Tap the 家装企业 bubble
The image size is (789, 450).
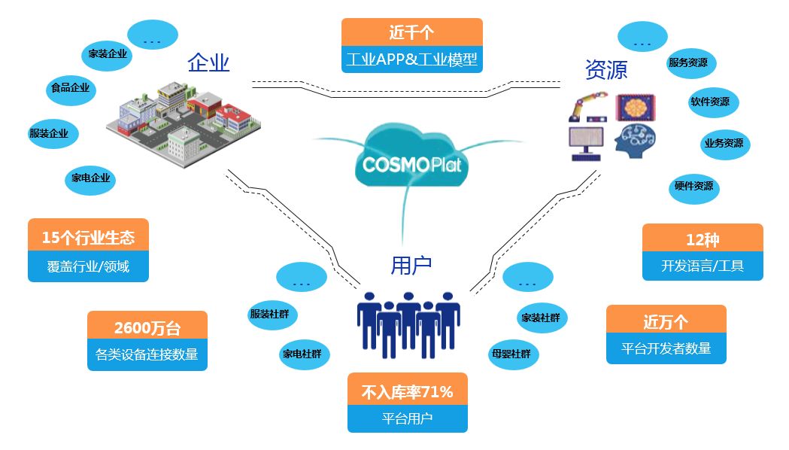click(x=108, y=54)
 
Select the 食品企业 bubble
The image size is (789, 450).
click(x=70, y=89)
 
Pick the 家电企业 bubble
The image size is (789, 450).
click(x=91, y=178)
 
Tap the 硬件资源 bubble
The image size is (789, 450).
click(x=693, y=186)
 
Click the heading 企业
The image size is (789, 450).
click(x=208, y=63)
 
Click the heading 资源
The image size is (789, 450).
click(x=605, y=70)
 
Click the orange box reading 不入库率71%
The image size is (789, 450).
click(x=407, y=391)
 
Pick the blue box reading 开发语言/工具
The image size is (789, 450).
click(x=703, y=266)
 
